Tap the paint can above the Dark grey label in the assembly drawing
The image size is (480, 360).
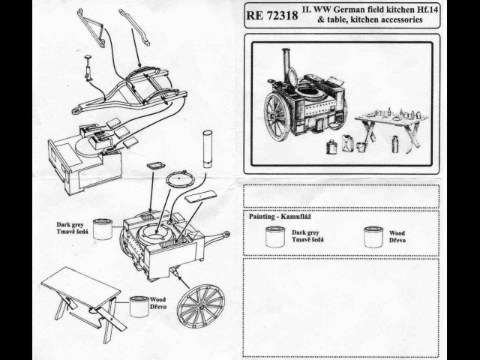tap(102, 228)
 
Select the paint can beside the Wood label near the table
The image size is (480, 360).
tap(139, 306)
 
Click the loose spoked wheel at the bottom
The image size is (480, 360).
tap(200, 304)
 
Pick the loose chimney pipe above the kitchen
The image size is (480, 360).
tap(208, 150)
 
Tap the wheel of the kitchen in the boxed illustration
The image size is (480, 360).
tap(277, 116)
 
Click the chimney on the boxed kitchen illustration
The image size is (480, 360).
tap(286, 68)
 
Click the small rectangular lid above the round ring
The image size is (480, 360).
tap(157, 164)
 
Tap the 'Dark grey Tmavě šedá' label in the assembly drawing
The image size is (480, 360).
tap(73, 228)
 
